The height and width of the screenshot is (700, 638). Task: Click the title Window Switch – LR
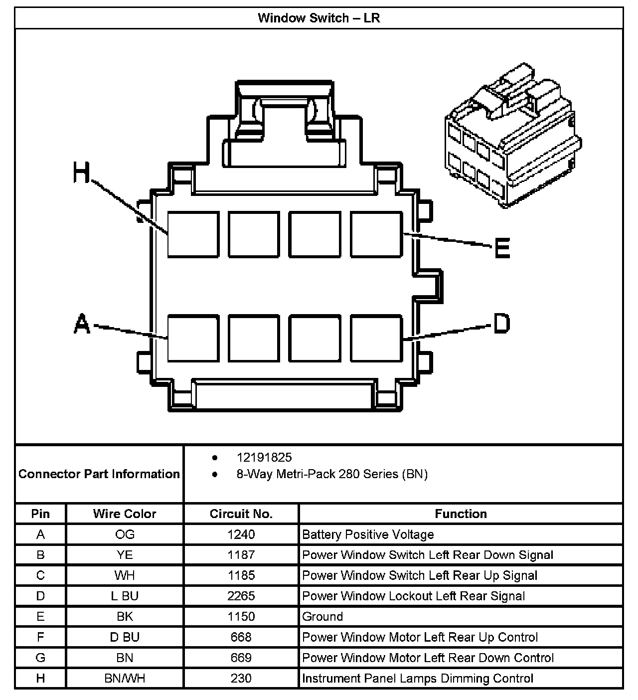pos(319,18)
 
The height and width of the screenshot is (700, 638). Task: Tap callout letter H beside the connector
pos(82,173)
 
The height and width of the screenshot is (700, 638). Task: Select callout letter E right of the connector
pos(502,248)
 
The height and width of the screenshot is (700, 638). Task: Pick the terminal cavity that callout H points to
pos(193,234)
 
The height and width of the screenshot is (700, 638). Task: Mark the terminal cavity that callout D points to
pos(376,338)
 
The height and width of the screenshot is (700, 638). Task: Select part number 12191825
pos(264,457)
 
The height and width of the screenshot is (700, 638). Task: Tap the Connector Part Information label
pos(99,474)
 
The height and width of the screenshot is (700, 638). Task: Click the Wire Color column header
pos(125,514)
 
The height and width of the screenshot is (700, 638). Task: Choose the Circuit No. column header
pos(241,514)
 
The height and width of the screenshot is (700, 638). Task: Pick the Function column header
pos(461,514)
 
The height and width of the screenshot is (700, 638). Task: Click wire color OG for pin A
pos(125,534)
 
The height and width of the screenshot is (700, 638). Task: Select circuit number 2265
pos(241,596)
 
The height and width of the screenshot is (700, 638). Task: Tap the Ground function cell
pos(322,617)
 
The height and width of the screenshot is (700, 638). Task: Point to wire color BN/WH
pos(125,679)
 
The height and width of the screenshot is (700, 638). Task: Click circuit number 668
pos(241,637)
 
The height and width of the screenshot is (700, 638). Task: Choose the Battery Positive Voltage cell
pos(368,534)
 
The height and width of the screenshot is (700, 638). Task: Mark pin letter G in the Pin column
pos(40,658)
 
